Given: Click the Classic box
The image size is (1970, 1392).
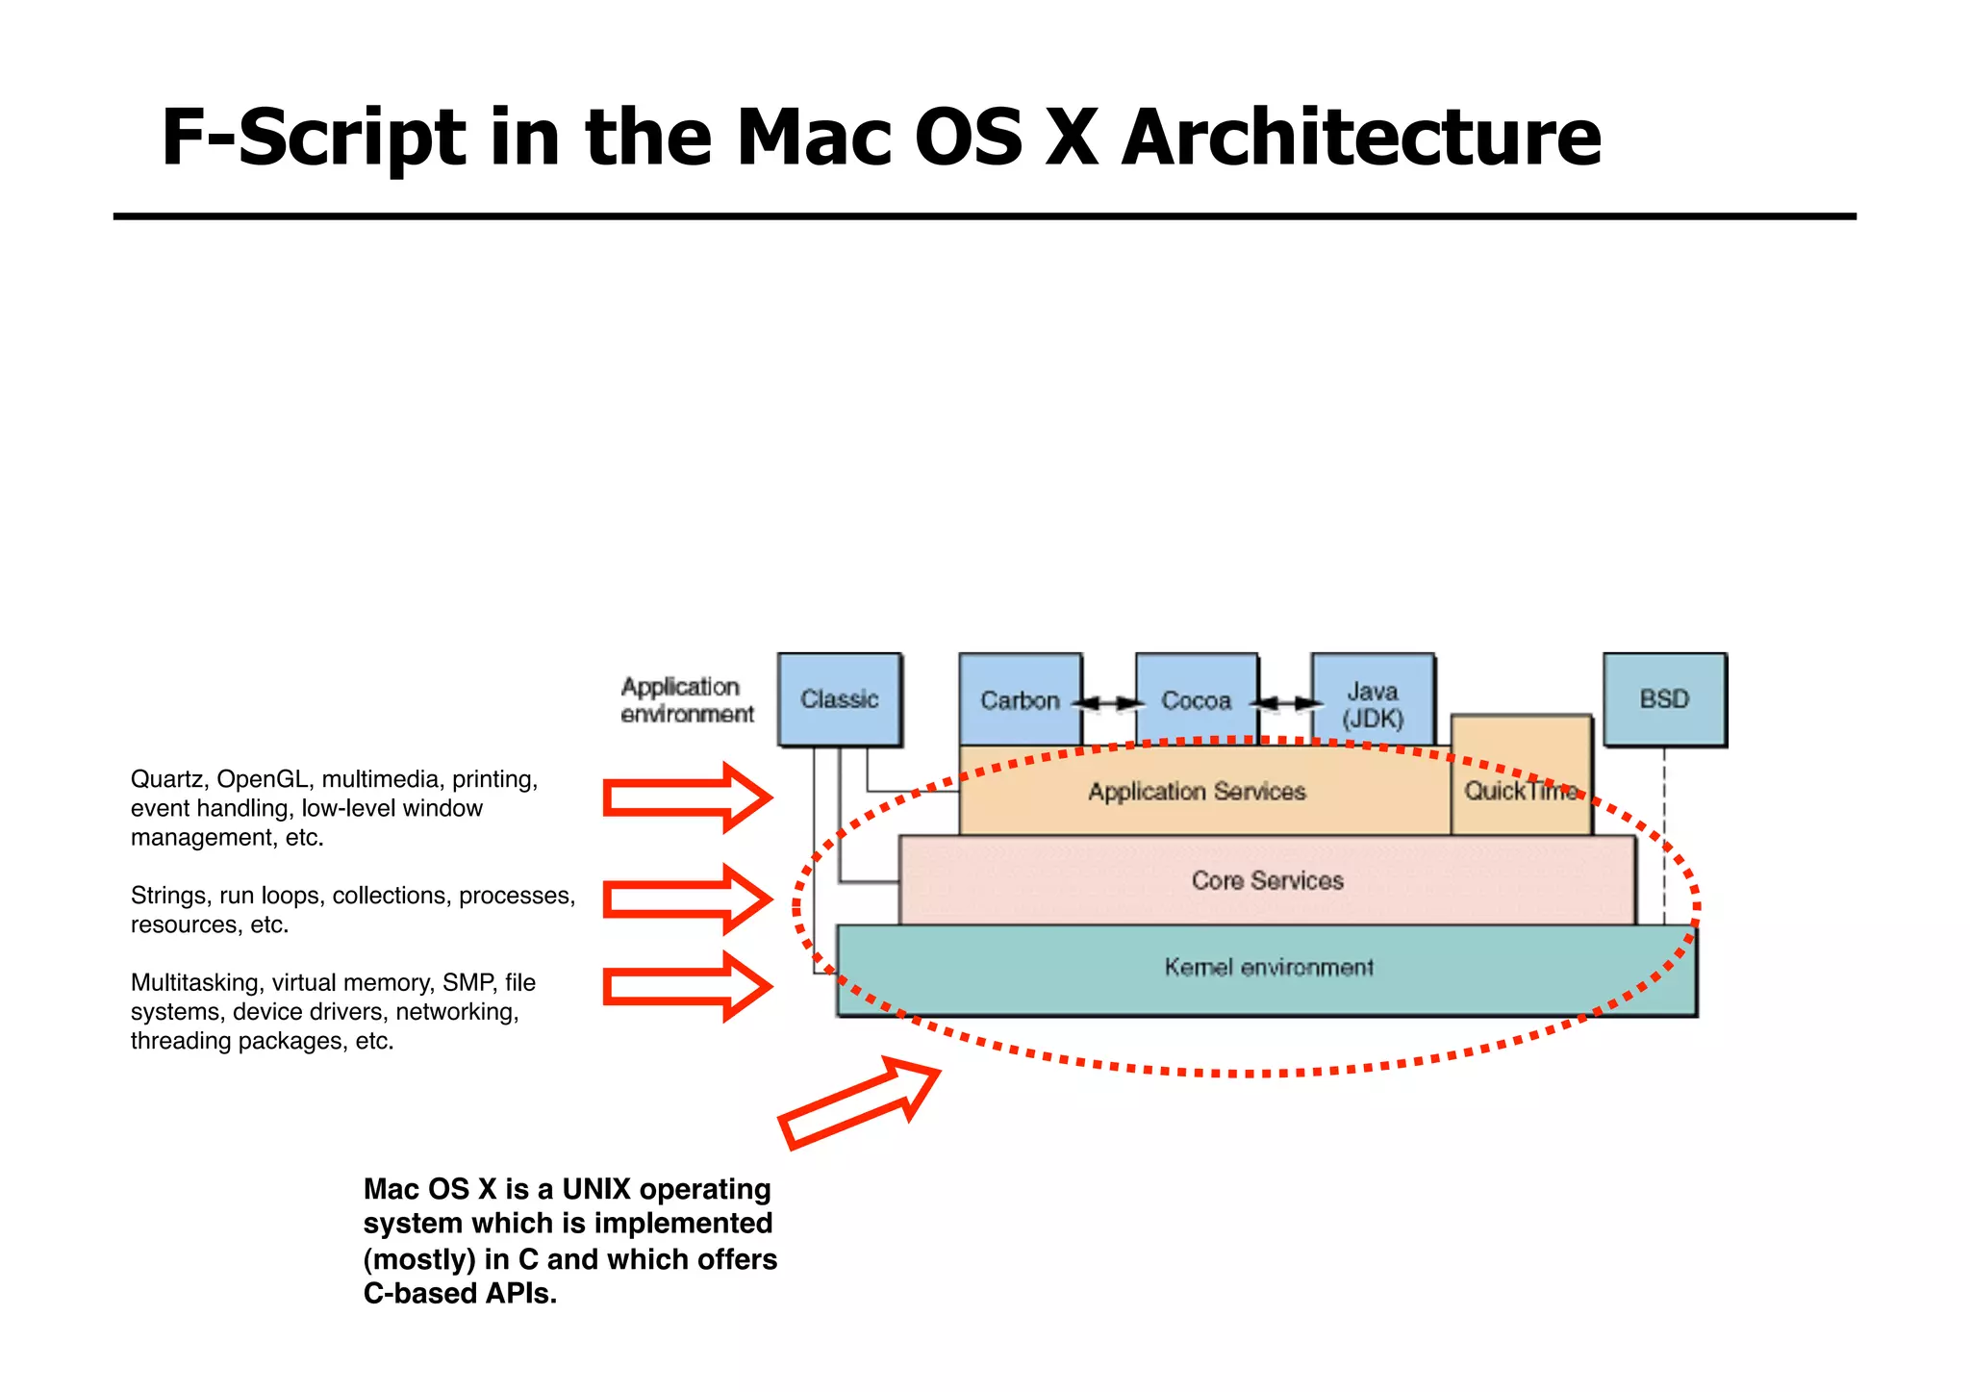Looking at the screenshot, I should coord(839,699).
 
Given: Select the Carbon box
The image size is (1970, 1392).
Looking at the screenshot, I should coord(1020,700).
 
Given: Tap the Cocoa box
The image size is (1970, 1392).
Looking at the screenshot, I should coord(1196,700).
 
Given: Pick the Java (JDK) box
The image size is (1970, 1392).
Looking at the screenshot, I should coord(1373,704).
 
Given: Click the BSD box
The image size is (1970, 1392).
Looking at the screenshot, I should coord(1664,699).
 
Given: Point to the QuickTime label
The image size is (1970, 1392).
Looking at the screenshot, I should coord(1520,791).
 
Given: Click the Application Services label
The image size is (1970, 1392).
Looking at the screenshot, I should coord(1197,792).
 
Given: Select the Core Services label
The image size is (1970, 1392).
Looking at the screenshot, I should coord(1267,880).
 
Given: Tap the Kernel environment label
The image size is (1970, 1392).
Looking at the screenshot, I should coord(1268,967).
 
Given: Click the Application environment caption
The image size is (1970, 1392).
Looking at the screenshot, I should coord(686,700).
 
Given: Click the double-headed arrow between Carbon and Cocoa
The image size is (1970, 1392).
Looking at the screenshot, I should coord(1108,703).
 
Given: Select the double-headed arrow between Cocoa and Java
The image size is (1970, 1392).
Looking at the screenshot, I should coord(1285,703).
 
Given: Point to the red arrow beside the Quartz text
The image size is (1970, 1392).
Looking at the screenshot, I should coord(686,797).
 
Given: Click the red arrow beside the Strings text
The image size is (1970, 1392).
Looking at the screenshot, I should coord(686,899).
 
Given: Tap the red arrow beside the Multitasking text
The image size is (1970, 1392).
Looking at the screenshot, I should coord(686,986).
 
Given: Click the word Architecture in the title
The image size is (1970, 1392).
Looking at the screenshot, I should coord(1360,138).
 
